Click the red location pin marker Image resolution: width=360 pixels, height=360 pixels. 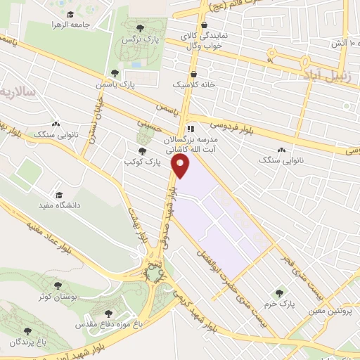pos(181,167)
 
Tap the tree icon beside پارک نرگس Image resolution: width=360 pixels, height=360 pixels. pos(140,29)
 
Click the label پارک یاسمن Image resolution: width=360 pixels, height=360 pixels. pos(117,84)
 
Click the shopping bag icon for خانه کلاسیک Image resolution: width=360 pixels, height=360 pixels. pos(193,73)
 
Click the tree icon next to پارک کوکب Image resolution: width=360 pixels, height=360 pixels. pos(143,150)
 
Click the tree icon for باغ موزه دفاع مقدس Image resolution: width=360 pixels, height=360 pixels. pos(108,314)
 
